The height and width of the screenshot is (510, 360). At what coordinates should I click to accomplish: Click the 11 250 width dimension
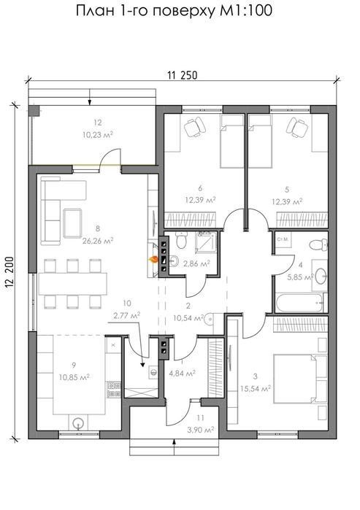coord(183,75)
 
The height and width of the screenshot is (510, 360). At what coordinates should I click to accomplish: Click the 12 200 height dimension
coord(9,273)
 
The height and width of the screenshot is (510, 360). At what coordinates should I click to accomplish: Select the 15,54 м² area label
coord(256,388)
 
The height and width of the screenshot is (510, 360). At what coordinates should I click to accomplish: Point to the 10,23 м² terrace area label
coord(98,134)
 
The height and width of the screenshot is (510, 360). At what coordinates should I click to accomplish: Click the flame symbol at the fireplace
coord(153,260)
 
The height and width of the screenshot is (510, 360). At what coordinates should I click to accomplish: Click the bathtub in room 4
coord(301,303)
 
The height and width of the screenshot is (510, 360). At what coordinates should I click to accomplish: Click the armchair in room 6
coord(195,126)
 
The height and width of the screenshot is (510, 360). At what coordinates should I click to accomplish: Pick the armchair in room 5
coord(297,127)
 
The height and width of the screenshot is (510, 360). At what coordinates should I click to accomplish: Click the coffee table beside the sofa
coord(72,223)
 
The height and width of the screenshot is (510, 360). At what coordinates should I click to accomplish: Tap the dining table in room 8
coord(72,284)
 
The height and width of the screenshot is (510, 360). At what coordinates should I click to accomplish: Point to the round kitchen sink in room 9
coord(78,423)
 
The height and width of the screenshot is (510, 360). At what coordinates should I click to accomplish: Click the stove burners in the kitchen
coord(114,390)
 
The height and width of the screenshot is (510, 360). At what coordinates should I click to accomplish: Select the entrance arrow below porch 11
coord(175,447)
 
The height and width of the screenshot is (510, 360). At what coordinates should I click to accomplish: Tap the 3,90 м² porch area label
coord(201,430)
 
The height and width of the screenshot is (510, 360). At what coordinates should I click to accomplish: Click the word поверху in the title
coord(183,12)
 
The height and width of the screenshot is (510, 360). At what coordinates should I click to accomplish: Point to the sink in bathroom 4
coord(321,275)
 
